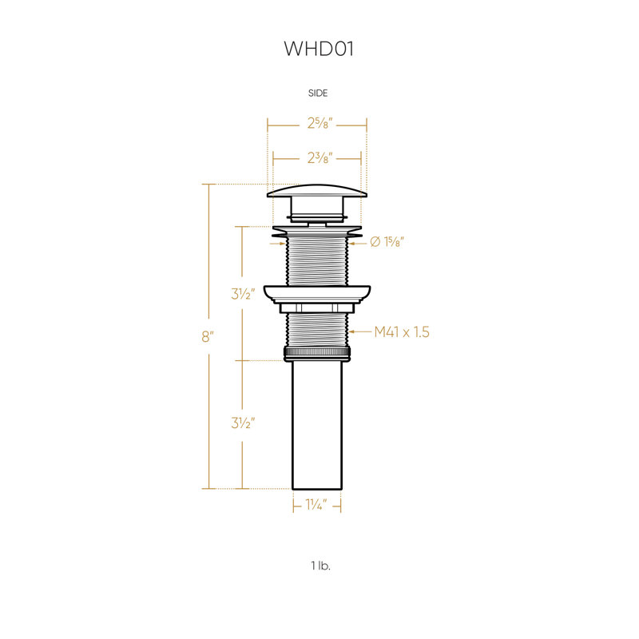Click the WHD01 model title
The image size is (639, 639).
(x=318, y=49)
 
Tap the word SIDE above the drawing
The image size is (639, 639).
(x=318, y=93)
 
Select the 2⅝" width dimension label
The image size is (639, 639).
(x=320, y=123)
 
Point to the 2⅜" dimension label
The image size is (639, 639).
(x=320, y=157)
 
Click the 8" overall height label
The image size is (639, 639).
(x=208, y=336)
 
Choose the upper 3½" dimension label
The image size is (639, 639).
(x=243, y=293)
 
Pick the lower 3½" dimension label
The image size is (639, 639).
(x=243, y=423)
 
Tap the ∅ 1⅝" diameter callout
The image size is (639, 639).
(x=387, y=242)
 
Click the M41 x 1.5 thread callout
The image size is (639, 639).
(x=402, y=332)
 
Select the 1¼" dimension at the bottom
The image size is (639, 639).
(x=316, y=505)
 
